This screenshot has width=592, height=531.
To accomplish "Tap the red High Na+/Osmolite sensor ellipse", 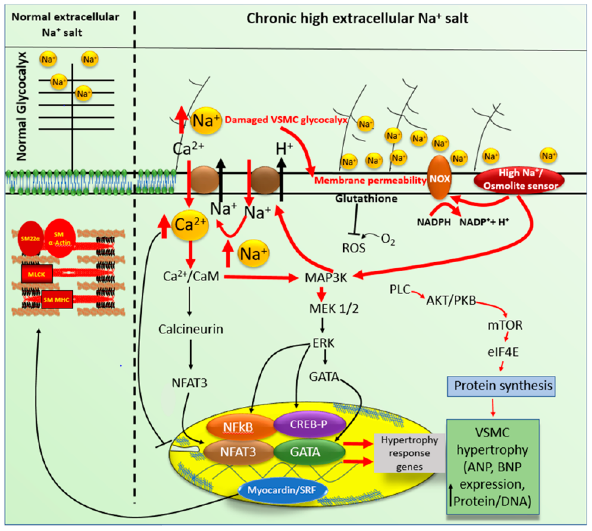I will pos(519,179).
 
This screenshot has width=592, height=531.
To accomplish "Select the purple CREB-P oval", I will pos(308,424).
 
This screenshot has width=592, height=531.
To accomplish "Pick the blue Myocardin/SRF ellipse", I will pos(282,490).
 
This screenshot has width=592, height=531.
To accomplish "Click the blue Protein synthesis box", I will pos(501,386).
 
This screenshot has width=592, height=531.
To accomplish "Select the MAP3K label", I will pos(326,277).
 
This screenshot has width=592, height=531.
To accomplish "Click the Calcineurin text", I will pos(191,329).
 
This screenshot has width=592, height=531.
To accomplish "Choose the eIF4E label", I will pos(503,352).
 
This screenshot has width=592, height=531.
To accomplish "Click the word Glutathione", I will pos(366,199).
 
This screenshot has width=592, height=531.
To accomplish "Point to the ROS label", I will pos(354,248).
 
